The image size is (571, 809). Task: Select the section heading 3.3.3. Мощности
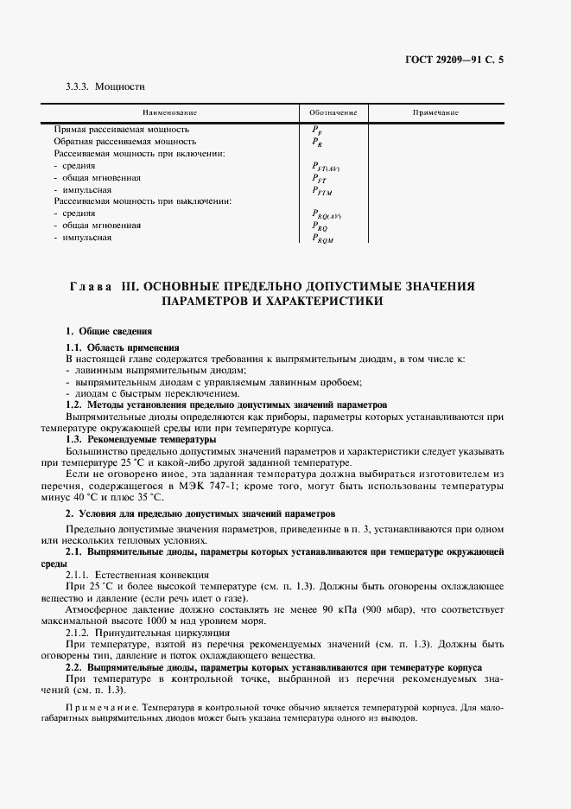105,86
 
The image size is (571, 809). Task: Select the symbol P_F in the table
317,130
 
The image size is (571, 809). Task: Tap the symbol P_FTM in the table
321,190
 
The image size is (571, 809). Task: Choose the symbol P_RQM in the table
322,239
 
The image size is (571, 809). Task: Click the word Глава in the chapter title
90,286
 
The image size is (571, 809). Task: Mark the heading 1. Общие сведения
110,331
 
